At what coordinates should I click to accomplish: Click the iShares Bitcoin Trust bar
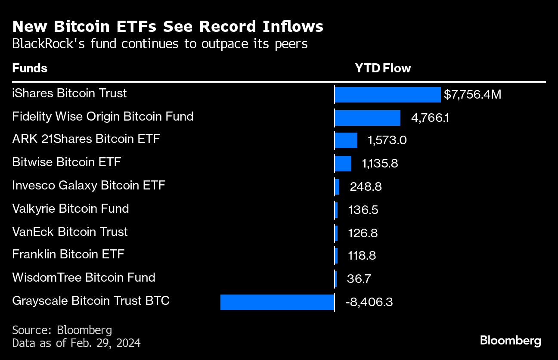point(387,95)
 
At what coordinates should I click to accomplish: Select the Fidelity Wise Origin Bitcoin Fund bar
point(367,118)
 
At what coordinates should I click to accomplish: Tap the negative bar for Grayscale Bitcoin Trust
point(277,302)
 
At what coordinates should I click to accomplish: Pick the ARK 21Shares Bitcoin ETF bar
point(346,140)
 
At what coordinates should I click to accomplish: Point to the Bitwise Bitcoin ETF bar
point(343,164)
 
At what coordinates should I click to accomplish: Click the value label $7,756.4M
point(472,95)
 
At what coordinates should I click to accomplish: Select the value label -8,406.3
point(369,302)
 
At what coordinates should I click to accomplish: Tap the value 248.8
point(366,187)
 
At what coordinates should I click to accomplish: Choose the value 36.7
point(359,279)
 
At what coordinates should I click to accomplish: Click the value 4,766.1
point(430,118)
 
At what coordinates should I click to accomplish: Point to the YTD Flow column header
point(383,68)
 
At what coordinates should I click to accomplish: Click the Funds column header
point(30,68)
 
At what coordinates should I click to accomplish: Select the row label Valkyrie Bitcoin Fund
point(71,209)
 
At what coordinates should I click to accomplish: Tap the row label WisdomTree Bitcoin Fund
point(84,277)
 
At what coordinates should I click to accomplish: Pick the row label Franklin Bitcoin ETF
point(68,254)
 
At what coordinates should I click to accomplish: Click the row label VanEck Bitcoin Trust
point(70,232)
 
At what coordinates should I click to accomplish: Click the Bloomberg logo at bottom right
point(510,341)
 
